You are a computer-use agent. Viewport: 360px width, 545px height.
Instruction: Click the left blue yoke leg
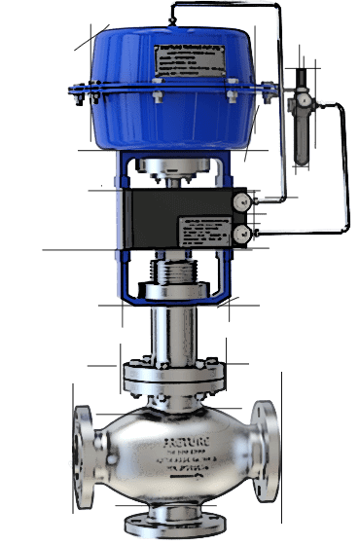pyautogui.click(x=122, y=214)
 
